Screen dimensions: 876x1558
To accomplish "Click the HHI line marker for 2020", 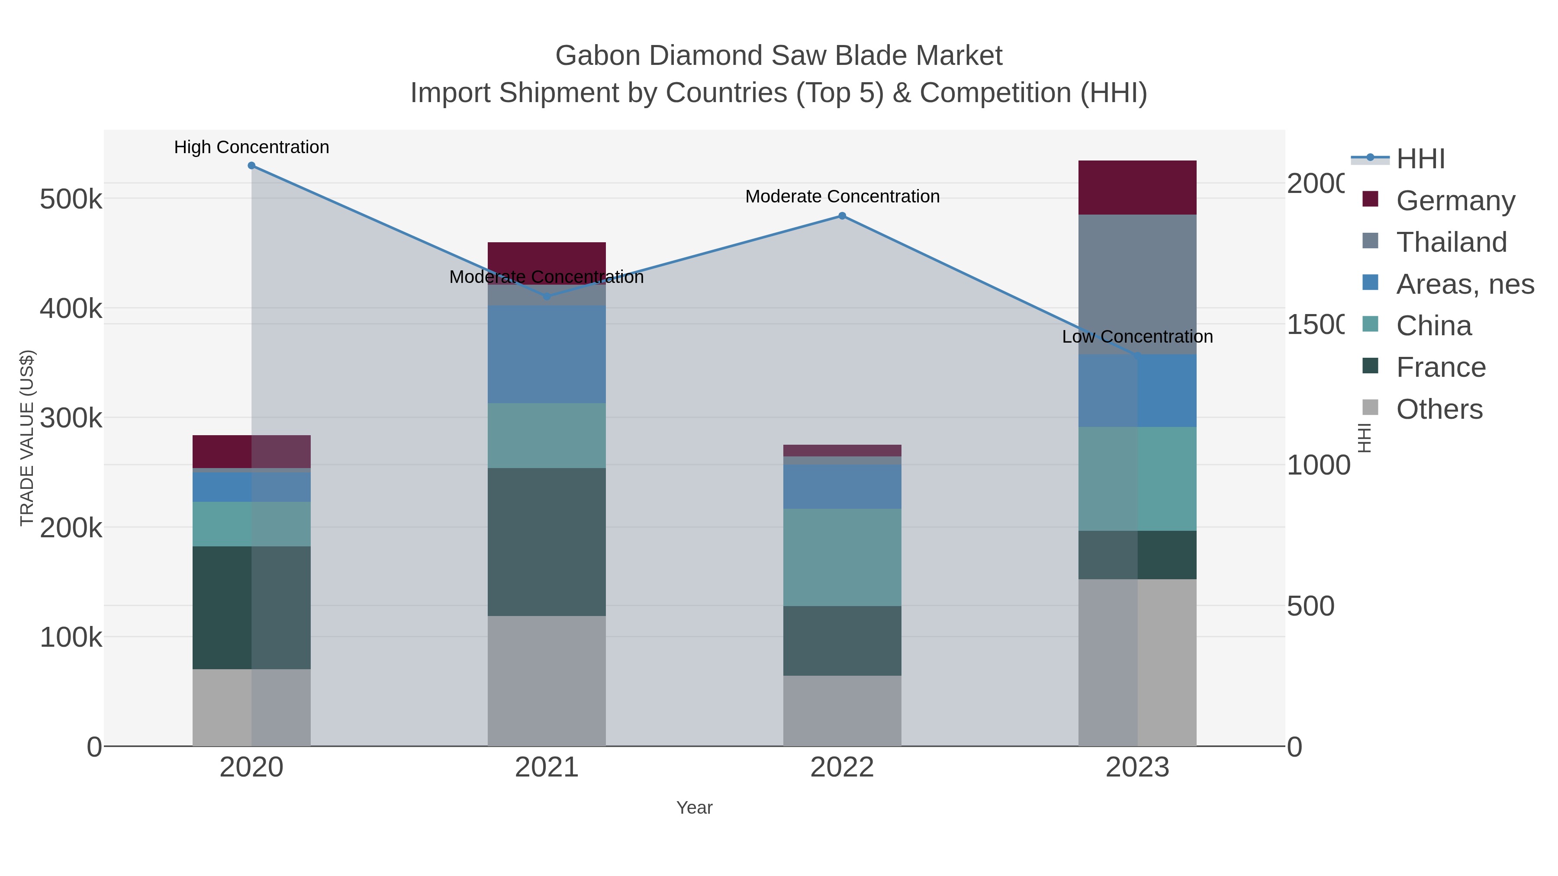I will coord(251,166).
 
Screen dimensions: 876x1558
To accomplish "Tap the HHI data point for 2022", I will coord(842,216).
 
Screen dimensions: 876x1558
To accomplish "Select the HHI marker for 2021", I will coord(547,297).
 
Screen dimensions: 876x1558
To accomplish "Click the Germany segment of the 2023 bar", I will coord(1137,187).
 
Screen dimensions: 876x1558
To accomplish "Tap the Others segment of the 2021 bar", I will coord(547,681).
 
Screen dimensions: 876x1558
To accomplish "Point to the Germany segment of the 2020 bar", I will coord(251,451).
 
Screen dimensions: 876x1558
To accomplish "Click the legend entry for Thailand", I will coord(1452,242).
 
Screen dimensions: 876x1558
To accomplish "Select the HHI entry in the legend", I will coord(1420,159).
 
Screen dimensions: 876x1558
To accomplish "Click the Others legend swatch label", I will coord(1439,409).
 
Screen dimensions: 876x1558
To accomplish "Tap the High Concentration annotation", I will coord(251,147).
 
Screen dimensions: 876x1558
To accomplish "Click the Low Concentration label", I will coord(1137,336).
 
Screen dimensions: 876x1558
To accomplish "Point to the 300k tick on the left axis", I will coord(71,418).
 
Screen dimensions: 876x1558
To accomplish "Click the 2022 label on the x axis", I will coord(842,768).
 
